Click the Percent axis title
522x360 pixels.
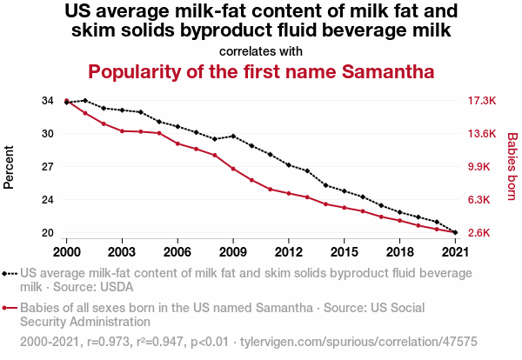pos(10,166)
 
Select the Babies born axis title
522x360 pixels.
pos(512,166)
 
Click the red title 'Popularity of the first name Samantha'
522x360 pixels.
pos(261,71)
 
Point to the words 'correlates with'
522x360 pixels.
pos(261,50)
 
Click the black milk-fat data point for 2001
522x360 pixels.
pos(85,101)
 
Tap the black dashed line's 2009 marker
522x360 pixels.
pos(233,136)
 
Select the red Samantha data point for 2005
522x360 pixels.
pos(159,133)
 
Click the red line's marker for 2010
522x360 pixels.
pos(251,180)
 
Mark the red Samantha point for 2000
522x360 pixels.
pos(67,101)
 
